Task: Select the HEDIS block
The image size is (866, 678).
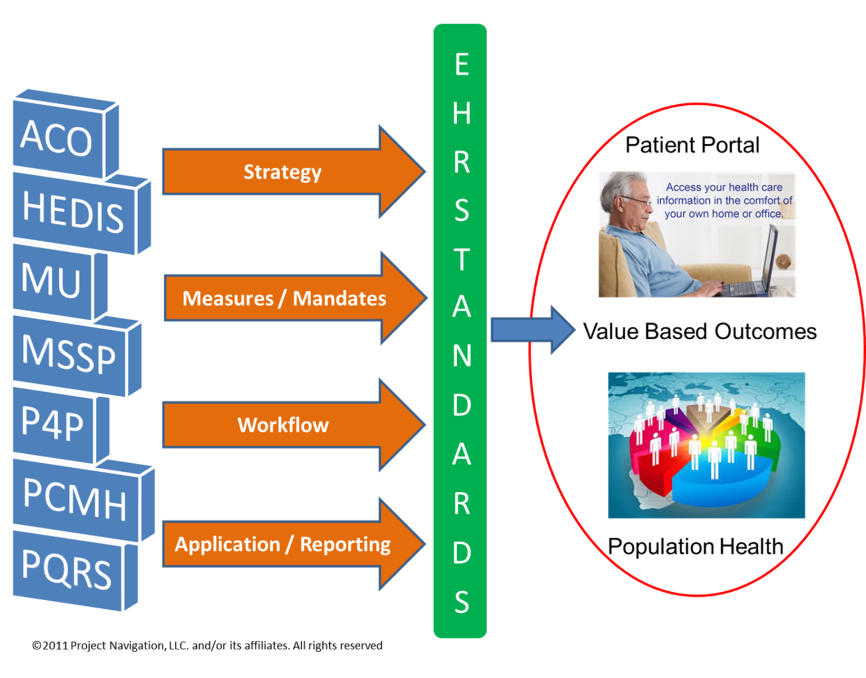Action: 73,211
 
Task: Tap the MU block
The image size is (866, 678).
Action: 52,280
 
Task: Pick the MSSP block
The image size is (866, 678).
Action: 69,353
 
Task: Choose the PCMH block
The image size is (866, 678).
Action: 74,498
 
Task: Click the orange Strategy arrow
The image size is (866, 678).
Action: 282,172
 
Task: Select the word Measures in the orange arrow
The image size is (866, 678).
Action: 228,298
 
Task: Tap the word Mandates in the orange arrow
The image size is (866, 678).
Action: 339,298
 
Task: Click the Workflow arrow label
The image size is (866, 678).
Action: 282,424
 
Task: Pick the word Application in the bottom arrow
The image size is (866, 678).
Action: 227,544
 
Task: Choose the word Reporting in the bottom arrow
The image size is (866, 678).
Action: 345,544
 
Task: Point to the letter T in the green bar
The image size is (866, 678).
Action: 461,259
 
